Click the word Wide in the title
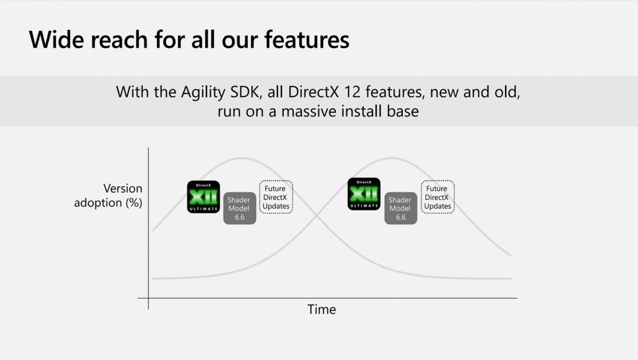click(x=56, y=39)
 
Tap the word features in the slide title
click(x=307, y=39)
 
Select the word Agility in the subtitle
click(x=203, y=93)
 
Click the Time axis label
click(x=321, y=309)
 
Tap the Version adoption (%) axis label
click(x=108, y=195)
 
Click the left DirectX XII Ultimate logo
click(x=203, y=197)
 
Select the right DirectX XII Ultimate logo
click(x=364, y=194)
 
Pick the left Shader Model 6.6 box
click(x=240, y=208)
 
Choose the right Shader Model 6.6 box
click(x=401, y=208)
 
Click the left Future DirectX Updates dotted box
click(x=276, y=197)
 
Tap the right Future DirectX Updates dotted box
click(x=438, y=197)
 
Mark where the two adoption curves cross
click(x=316, y=217)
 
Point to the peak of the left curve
click(x=242, y=158)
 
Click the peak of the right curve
click(x=392, y=158)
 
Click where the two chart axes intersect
click(x=149, y=298)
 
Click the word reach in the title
click(x=119, y=39)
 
